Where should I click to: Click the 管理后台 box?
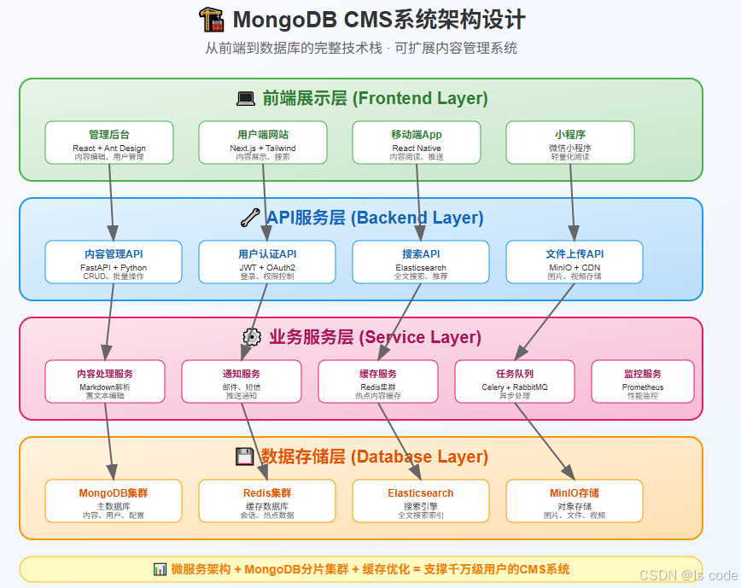(x=109, y=142)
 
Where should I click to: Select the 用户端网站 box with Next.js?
(x=263, y=142)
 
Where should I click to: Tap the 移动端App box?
(x=417, y=142)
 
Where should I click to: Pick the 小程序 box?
(x=570, y=142)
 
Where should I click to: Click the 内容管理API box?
(x=114, y=261)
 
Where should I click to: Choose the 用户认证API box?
(x=267, y=261)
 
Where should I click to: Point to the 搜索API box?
(x=421, y=261)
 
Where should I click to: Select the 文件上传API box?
(x=575, y=261)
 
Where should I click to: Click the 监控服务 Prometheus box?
(x=643, y=381)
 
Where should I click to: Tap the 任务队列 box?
(x=515, y=381)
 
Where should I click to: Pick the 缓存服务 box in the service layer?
(x=378, y=381)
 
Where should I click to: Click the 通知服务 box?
(x=242, y=381)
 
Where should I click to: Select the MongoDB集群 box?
(x=114, y=500)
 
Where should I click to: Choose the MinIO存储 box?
(x=575, y=500)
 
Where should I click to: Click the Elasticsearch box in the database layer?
(x=421, y=500)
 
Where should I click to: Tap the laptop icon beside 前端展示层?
(x=246, y=99)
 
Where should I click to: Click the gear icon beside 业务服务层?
(x=252, y=337)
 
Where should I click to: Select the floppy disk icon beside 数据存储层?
(x=244, y=457)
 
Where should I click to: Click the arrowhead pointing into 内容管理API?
(x=113, y=233)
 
